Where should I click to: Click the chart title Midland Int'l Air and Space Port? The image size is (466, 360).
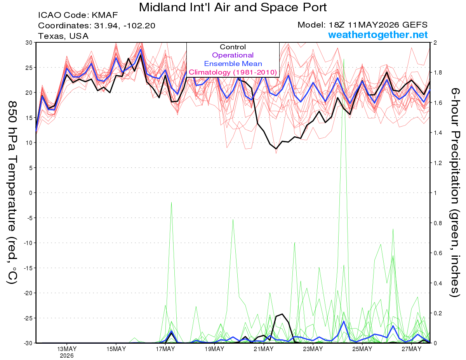[x=233, y=7]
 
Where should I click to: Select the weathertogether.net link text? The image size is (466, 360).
[x=378, y=35]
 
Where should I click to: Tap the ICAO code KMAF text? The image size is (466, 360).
[x=78, y=15]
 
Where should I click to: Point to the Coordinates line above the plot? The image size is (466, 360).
[x=97, y=26]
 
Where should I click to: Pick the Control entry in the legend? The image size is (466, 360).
[x=233, y=47]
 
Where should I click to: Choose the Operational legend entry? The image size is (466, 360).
[x=233, y=55]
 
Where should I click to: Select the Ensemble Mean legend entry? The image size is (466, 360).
[x=233, y=64]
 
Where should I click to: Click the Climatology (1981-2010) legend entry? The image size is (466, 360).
[x=233, y=72]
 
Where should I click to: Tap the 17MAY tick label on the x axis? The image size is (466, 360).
[x=165, y=349]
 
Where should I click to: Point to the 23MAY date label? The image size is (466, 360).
[x=313, y=349]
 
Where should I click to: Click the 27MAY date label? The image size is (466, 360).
[x=412, y=349]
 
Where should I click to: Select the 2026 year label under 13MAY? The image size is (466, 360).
[x=67, y=356]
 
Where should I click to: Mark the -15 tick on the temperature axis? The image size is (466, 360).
[x=28, y=268]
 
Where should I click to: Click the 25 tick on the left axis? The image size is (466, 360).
[x=29, y=68]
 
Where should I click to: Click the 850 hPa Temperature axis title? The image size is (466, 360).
[x=12, y=193]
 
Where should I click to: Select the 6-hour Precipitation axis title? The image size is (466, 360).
[x=454, y=192]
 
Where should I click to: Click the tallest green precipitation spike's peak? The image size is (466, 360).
[x=344, y=59]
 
